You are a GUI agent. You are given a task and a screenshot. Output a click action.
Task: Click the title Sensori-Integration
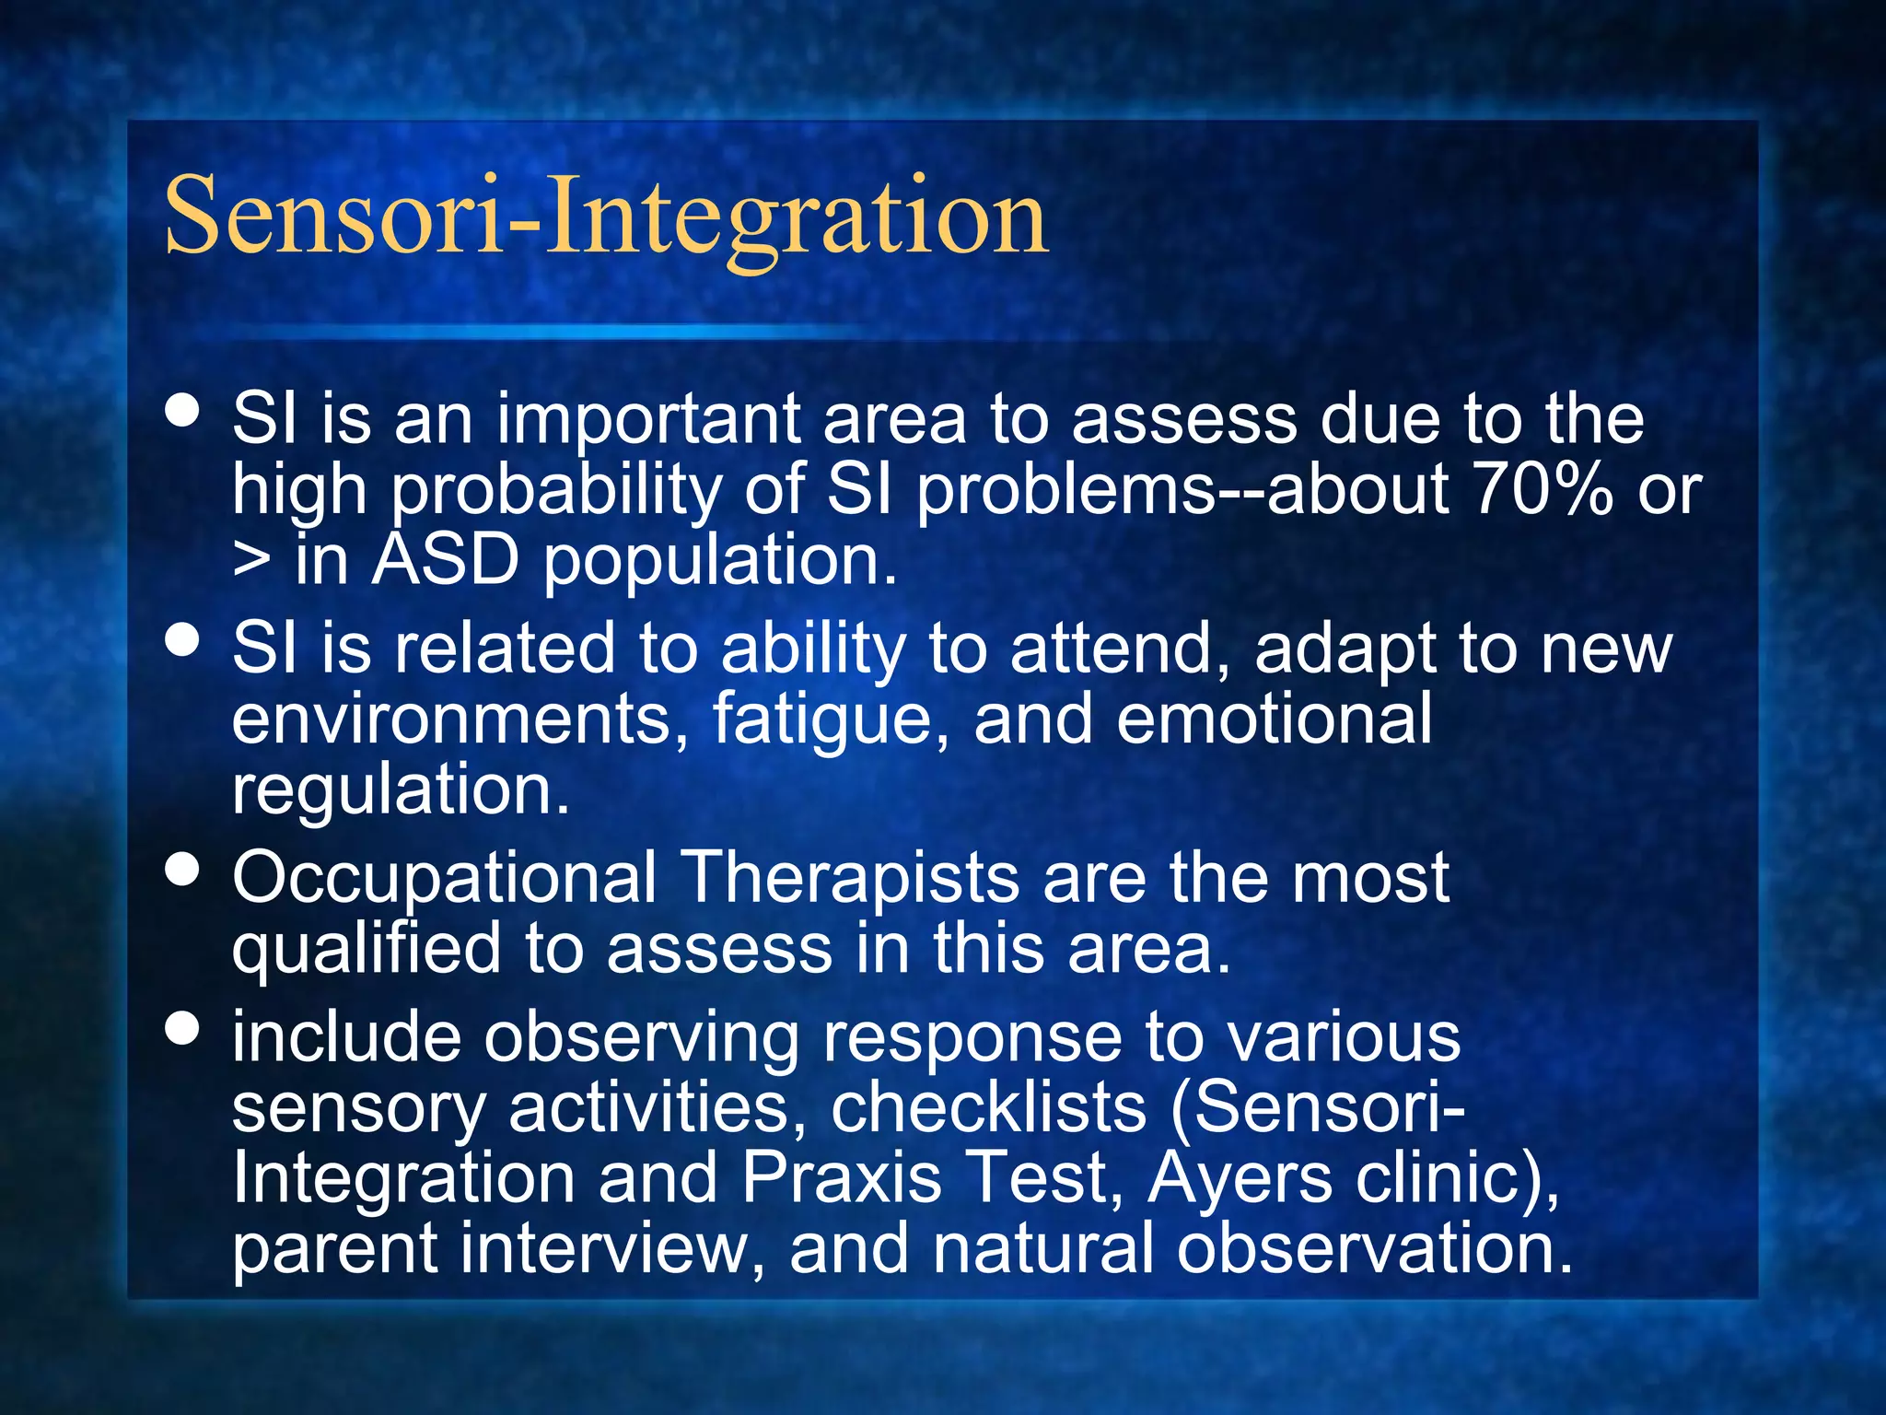tap(606, 217)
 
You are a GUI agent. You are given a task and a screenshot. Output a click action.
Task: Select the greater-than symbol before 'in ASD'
tap(251, 560)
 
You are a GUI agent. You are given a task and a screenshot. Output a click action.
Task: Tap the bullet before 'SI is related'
tap(183, 639)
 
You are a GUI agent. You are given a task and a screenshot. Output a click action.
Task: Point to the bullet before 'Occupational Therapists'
tap(183, 869)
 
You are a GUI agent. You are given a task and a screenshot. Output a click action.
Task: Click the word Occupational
tap(445, 878)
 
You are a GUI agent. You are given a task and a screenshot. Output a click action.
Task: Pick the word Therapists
tap(850, 878)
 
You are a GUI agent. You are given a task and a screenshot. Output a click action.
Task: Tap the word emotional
tap(1275, 719)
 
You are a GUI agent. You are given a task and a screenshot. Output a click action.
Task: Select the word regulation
tap(401, 790)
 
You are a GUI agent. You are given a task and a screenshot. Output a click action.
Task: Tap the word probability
tap(556, 490)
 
